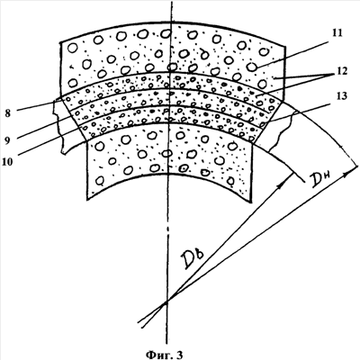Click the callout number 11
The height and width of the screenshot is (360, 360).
click(337, 33)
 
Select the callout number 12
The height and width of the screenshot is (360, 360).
click(340, 71)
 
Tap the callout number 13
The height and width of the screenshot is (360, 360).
click(341, 96)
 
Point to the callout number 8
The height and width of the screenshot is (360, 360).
click(8, 113)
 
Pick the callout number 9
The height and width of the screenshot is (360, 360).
click(8, 139)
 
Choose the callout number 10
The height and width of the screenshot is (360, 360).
click(7, 162)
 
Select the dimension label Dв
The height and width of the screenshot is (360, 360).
click(194, 258)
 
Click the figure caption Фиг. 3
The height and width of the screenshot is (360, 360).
click(164, 355)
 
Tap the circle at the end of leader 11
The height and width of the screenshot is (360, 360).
click(252, 67)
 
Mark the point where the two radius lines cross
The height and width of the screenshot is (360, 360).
click(166, 301)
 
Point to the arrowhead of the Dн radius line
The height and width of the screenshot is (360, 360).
click(348, 173)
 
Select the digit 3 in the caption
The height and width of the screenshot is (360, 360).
click(179, 355)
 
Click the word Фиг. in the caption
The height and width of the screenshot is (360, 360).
click(157, 355)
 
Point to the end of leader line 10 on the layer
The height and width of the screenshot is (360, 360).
click(83, 128)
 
